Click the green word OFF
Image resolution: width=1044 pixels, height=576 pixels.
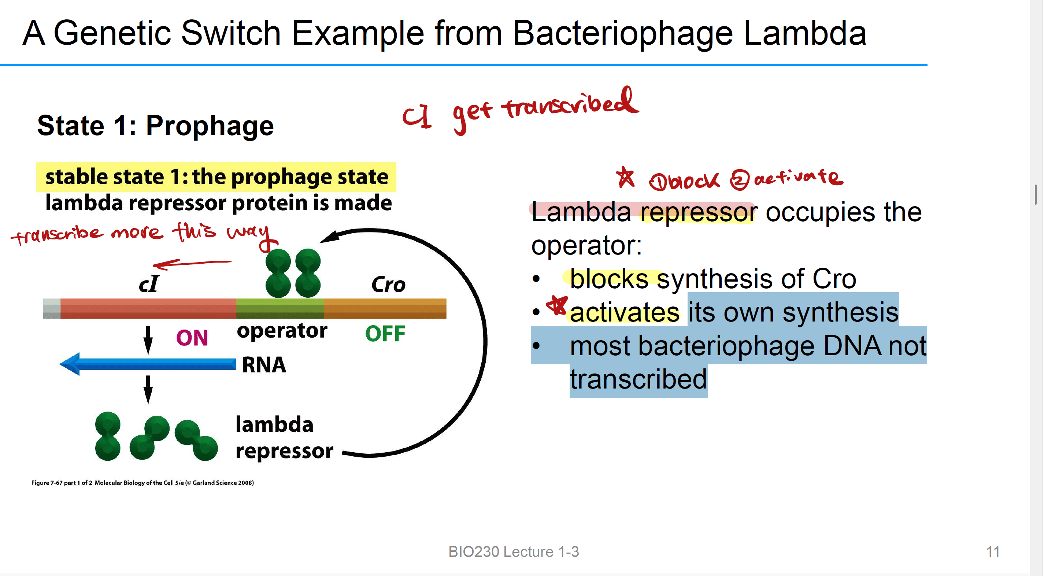tap(385, 334)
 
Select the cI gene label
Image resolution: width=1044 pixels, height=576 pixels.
tap(149, 283)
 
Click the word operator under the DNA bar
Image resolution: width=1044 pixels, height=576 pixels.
tap(282, 331)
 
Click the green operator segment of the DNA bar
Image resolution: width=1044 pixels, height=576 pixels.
tap(279, 309)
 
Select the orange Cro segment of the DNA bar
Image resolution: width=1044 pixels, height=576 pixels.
tap(385, 309)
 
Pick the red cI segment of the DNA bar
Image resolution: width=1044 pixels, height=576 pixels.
tap(148, 309)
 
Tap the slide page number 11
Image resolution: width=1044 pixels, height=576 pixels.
tap(992, 552)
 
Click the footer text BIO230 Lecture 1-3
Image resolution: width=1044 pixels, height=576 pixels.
tap(514, 552)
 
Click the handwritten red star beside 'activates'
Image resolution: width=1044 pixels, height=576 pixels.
tap(557, 305)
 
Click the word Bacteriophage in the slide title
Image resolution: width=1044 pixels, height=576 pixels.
tap(622, 33)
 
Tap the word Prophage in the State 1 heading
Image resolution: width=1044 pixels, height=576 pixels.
tap(210, 126)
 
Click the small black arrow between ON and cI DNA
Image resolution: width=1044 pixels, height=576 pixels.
tap(148, 339)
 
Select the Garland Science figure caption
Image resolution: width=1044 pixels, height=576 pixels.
tap(142, 483)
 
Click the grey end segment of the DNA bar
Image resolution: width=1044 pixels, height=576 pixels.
tap(52, 309)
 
